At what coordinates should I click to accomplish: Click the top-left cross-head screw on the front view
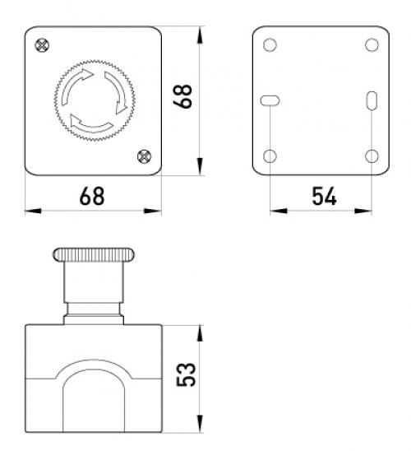click(42, 45)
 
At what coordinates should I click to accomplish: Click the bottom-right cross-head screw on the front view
click(144, 156)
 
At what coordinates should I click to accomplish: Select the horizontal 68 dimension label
click(92, 196)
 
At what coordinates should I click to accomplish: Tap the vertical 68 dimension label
click(183, 96)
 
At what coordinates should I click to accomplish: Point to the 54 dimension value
click(324, 196)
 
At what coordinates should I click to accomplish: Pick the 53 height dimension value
click(186, 374)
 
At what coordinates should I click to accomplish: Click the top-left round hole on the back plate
click(270, 45)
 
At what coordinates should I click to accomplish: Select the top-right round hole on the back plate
click(372, 45)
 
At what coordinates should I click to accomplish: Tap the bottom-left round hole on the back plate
click(270, 156)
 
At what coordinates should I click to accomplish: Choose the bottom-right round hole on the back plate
click(372, 156)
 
